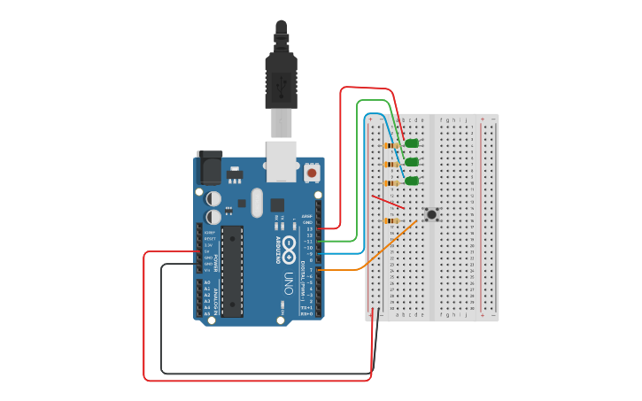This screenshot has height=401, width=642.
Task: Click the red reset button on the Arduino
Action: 312,174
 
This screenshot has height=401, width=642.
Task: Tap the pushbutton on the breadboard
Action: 431,214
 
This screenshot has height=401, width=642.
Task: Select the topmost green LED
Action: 412,143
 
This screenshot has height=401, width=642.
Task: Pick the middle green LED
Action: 412,162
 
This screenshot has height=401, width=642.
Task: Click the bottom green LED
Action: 412,181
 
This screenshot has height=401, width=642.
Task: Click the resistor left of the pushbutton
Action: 391,221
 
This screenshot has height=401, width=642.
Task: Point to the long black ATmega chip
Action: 232,271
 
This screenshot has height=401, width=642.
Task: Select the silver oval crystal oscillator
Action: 257,202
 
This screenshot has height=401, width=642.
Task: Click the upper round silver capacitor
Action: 213,199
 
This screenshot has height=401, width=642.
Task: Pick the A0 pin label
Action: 207,282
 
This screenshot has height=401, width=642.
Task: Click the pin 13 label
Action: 310,228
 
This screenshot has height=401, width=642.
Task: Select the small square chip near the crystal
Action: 277,204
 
